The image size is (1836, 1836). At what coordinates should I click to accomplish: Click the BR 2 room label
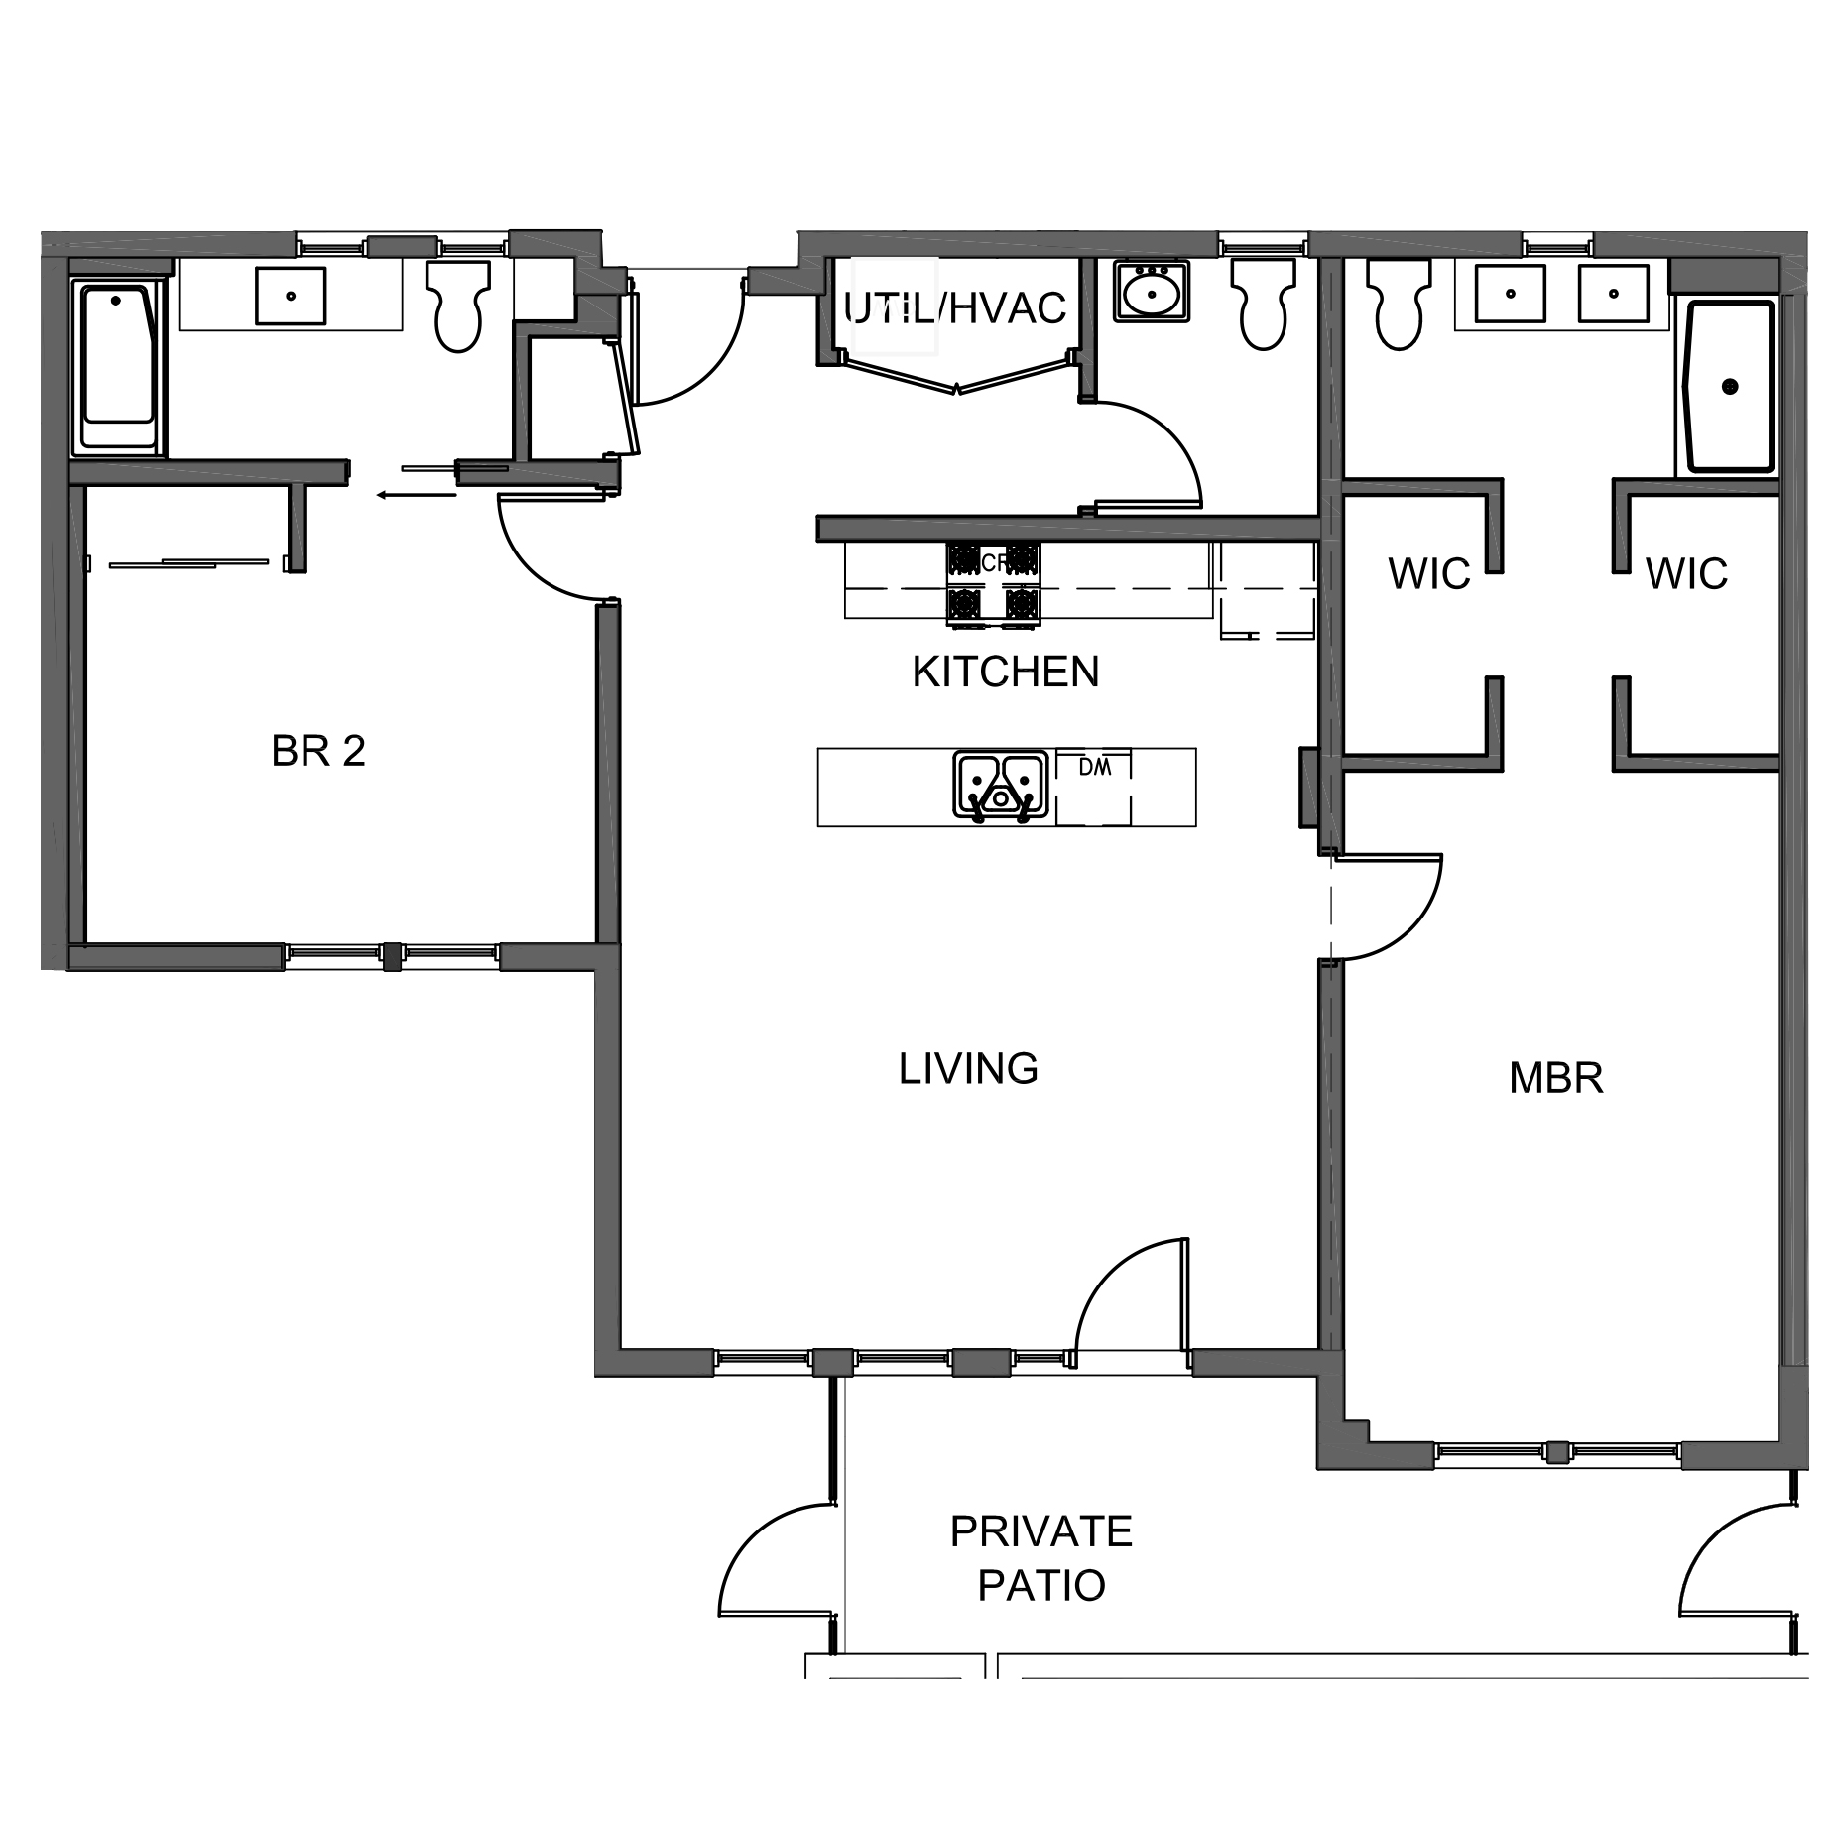(317, 751)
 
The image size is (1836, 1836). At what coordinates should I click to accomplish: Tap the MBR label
(1554, 1078)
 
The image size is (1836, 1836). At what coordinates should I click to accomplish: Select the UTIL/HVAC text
(954, 309)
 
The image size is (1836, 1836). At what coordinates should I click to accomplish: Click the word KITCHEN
(1005, 673)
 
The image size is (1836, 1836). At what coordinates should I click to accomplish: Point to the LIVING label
(967, 1069)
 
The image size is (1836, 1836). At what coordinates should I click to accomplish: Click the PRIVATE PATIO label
(1040, 1558)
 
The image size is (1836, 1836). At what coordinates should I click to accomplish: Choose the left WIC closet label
(1428, 574)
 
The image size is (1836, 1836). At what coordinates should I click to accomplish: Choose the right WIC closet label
(1685, 574)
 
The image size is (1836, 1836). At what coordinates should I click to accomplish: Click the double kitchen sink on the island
(1001, 785)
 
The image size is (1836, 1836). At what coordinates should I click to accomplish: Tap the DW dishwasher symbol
(1093, 786)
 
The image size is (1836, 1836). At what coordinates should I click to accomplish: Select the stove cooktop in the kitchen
(994, 585)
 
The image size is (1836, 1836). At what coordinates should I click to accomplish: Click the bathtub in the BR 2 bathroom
(118, 367)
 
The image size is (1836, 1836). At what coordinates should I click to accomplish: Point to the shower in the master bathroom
(1729, 387)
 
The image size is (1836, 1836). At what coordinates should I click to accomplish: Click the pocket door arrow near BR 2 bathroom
(417, 493)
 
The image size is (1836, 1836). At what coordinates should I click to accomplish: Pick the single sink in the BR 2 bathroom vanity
(290, 296)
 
